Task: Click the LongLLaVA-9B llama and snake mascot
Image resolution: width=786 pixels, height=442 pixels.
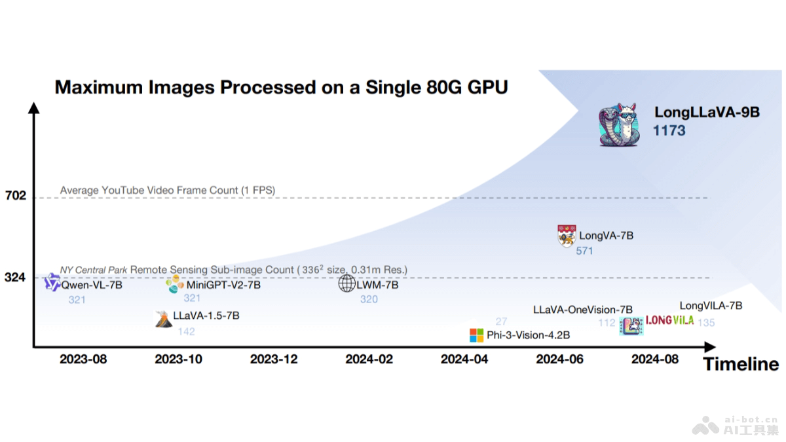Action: click(x=618, y=124)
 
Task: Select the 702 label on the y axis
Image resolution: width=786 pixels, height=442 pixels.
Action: click(x=15, y=195)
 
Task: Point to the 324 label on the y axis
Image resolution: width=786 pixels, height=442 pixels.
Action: click(x=15, y=278)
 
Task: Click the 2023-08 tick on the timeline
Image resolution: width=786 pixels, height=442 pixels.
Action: click(x=83, y=359)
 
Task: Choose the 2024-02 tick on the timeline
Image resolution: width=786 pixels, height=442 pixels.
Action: click(x=369, y=359)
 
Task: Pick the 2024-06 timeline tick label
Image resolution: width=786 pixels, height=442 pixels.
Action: click(x=559, y=359)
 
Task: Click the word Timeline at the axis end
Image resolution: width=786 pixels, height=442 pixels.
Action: click(x=741, y=364)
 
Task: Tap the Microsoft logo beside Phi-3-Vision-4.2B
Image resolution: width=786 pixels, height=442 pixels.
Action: click(x=476, y=335)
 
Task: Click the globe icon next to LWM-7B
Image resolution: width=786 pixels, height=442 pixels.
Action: click(x=346, y=284)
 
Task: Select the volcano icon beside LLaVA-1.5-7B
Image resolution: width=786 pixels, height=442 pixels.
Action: click(x=162, y=318)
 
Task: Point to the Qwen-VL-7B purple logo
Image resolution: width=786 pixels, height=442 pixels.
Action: click(x=52, y=284)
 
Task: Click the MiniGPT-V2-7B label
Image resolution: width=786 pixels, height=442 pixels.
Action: click(x=223, y=285)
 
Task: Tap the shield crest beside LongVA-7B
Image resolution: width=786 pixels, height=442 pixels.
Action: click(x=566, y=236)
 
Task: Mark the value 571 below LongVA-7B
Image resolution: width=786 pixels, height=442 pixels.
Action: click(x=584, y=251)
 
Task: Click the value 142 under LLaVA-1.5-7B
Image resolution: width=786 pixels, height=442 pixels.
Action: click(x=186, y=331)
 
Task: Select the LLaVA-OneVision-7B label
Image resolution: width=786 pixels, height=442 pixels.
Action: click(x=582, y=309)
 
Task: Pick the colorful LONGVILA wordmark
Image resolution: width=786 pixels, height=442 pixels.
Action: click(x=669, y=321)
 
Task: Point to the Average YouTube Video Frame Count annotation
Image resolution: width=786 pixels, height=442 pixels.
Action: click(x=168, y=191)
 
